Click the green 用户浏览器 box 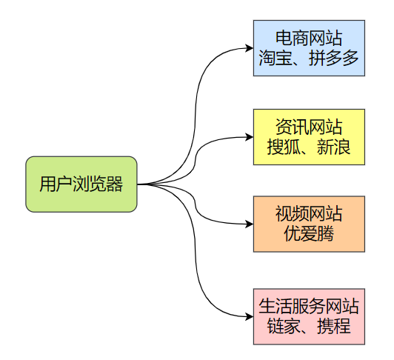coord(81,184)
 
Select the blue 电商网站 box coord(309,48)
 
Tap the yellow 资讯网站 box coord(309,137)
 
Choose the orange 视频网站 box coord(309,224)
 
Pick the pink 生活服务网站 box coord(309,316)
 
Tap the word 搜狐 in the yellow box coord(282,147)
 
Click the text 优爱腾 coord(309,235)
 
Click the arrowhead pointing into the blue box coord(249,49)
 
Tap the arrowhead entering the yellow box coord(249,137)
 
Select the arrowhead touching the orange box coord(249,224)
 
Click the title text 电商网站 coord(309,39)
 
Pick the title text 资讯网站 coord(309,127)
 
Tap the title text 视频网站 coord(309,214)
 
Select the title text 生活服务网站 coord(309,305)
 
